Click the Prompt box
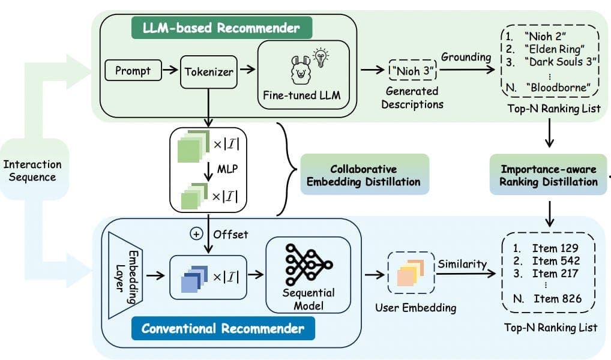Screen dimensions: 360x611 coord(133,71)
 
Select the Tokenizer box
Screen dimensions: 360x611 coord(208,71)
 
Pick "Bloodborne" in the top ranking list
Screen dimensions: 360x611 coord(557,88)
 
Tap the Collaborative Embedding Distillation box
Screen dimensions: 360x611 coord(364,175)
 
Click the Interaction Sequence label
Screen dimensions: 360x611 coord(32,170)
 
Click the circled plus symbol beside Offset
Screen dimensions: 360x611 coord(196,235)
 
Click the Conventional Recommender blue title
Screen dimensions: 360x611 coord(223,328)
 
